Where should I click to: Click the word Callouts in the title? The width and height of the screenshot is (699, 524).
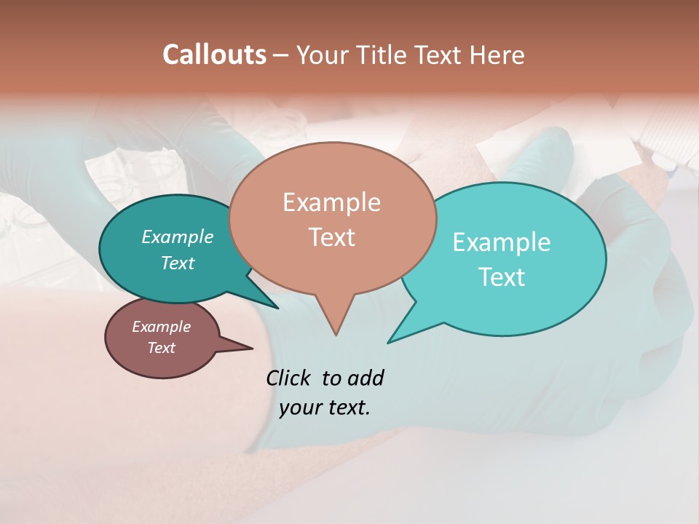tap(214, 55)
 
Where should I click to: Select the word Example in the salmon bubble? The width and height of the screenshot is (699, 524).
tap(331, 202)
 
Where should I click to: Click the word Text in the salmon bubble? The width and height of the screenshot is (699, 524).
tap(331, 237)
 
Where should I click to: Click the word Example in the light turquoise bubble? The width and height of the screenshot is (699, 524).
tap(502, 242)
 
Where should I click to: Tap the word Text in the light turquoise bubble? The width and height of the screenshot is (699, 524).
tap(502, 277)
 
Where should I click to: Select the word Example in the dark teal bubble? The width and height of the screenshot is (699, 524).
tap(178, 237)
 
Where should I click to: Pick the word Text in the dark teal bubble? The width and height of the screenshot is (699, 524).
tap(178, 263)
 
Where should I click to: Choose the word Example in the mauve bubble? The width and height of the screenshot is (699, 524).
tap(162, 327)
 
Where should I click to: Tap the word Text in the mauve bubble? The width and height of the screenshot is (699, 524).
tap(162, 348)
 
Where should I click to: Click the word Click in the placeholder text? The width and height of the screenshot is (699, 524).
tap(289, 378)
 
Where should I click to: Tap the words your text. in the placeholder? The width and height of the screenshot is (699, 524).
tap(325, 408)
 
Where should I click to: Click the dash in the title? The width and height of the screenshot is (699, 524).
tap(281, 55)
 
